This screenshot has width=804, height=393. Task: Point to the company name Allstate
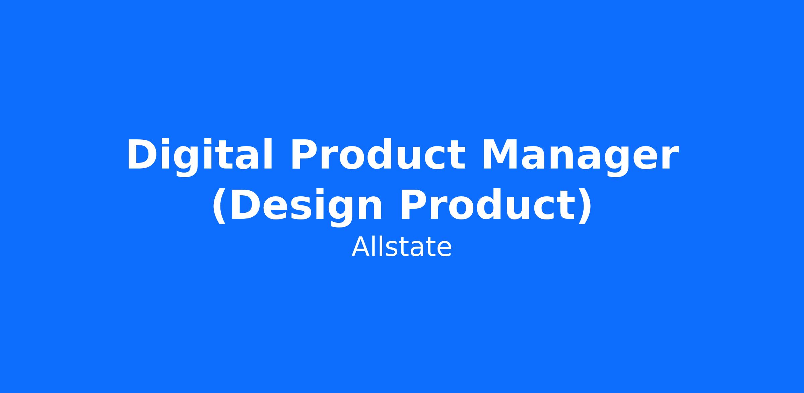(x=402, y=247)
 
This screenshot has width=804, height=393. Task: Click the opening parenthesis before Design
(x=219, y=206)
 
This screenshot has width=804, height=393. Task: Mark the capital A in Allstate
(x=360, y=247)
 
